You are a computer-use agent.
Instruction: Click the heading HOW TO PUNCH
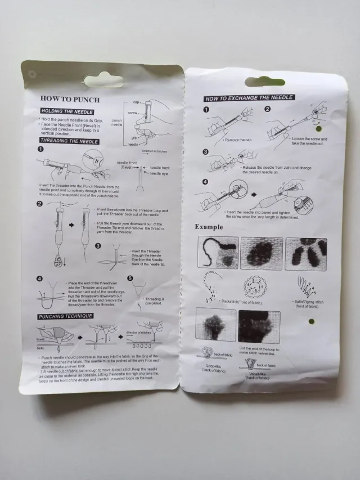pyautogui.click(x=70, y=100)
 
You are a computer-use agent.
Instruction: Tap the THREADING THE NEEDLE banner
pyautogui.click(x=69, y=141)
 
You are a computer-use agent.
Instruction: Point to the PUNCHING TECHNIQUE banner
pyautogui.click(x=65, y=316)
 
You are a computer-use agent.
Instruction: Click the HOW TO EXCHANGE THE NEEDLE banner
pyautogui.click(x=249, y=98)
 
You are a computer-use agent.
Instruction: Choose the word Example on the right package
pyautogui.click(x=209, y=227)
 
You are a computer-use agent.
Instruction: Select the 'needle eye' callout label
pyautogui.click(x=159, y=173)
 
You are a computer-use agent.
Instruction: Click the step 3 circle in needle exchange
pyautogui.click(x=206, y=152)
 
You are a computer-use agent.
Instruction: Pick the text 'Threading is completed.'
pyautogui.click(x=155, y=302)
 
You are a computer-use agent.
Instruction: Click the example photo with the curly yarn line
pyautogui.click(x=217, y=253)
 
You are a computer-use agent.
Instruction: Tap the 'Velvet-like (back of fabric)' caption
pyautogui.click(x=258, y=375)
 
